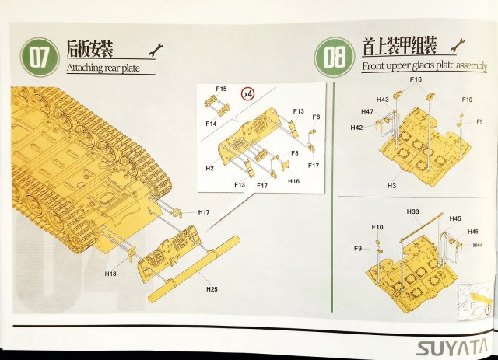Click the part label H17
coord(204,211)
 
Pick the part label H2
coord(209,167)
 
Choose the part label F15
coord(222,89)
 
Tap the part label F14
coord(211,124)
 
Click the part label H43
coord(382,100)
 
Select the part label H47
coord(368,112)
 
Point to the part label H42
coord(356,127)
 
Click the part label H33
coord(413,211)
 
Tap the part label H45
coord(454,218)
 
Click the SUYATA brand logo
coord(454,344)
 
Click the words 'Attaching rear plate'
coord(110,68)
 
